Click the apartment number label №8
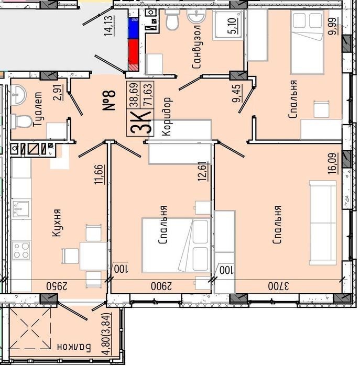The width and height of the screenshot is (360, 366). [109, 100]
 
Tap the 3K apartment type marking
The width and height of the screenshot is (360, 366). [140, 123]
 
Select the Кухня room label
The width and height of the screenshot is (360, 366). [56, 223]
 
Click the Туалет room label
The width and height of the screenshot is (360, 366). [38, 109]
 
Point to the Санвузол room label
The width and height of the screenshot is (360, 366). [196, 47]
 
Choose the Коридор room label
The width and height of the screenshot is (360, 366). [167, 116]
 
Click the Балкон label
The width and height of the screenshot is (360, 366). [74, 347]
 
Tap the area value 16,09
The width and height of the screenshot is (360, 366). [333, 163]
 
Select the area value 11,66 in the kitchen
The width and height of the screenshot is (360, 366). [99, 174]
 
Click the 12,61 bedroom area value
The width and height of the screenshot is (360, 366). [203, 171]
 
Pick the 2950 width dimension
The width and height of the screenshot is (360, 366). [57, 286]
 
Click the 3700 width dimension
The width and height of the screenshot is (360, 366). [278, 286]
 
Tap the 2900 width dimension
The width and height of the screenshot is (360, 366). [161, 286]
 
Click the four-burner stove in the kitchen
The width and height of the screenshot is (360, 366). [21, 251]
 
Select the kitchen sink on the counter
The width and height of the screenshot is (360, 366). [21, 209]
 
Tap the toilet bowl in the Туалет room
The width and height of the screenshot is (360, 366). [21, 121]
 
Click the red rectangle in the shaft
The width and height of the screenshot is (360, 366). [134, 52]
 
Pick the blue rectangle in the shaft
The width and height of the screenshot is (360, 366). [134, 28]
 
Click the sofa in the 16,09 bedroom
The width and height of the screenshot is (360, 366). [323, 223]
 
